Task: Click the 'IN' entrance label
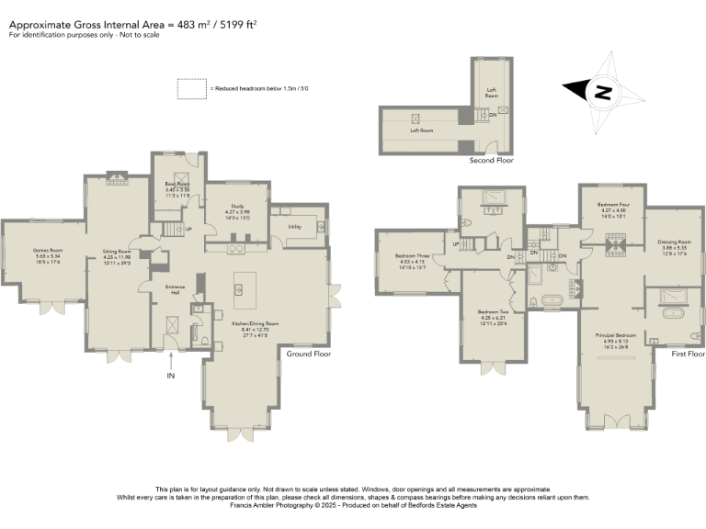(x=170, y=376)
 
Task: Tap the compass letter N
(x=602, y=92)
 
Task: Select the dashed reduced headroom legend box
(x=192, y=88)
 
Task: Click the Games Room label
(x=47, y=250)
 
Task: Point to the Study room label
(x=237, y=207)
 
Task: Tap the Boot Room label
(x=176, y=184)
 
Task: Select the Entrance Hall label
(x=176, y=288)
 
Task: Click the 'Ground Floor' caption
(x=308, y=354)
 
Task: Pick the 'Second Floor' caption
(x=491, y=160)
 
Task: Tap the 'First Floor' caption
(x=688, y=354)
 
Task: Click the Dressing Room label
(x=673, y=242)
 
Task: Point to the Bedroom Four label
(x=612, y=205)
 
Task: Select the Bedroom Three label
(x=412, y=256)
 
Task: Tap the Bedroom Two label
(x=494, y=312)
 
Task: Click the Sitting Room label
(x=117, y=251)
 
